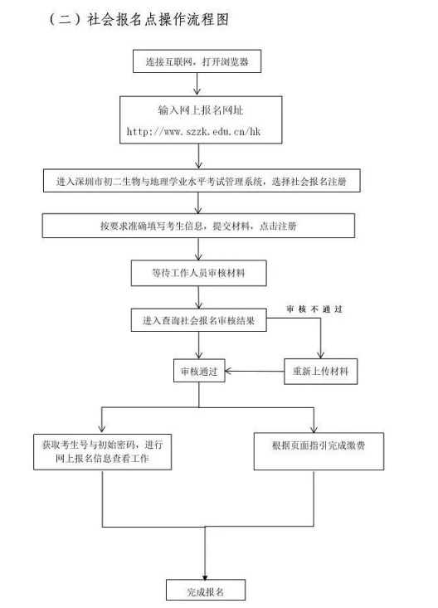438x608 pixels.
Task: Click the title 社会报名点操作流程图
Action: coord(158,19)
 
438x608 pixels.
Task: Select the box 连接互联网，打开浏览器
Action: coord(197,61)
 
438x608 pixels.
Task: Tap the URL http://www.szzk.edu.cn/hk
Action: coord(193,131)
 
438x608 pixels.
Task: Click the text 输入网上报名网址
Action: coord(200,110)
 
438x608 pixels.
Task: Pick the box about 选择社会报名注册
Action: coord(202,181)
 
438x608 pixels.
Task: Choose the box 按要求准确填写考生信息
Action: coord(198,226)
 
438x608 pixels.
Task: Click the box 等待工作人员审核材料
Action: coord(198,273)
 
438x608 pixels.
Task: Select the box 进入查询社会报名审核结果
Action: coord(198,320)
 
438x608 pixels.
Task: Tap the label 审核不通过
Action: coord(314,309)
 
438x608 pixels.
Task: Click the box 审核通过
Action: coord(199,371)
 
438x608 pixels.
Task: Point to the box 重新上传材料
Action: coord(321,372)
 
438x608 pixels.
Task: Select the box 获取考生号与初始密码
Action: coord(102,452)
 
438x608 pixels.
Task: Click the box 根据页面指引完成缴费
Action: coord(319,452)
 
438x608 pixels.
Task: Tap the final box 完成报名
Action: coord(206,590)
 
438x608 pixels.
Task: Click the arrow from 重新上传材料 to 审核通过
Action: coord(255,372)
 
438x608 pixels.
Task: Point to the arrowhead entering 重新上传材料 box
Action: coord(320,355)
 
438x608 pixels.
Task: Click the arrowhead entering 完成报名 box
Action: coord(205,576)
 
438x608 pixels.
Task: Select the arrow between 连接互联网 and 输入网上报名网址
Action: coord(197,84)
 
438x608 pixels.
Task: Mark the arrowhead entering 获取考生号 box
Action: coord(102,430)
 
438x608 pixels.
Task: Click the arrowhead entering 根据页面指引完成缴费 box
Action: coord(314,429)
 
